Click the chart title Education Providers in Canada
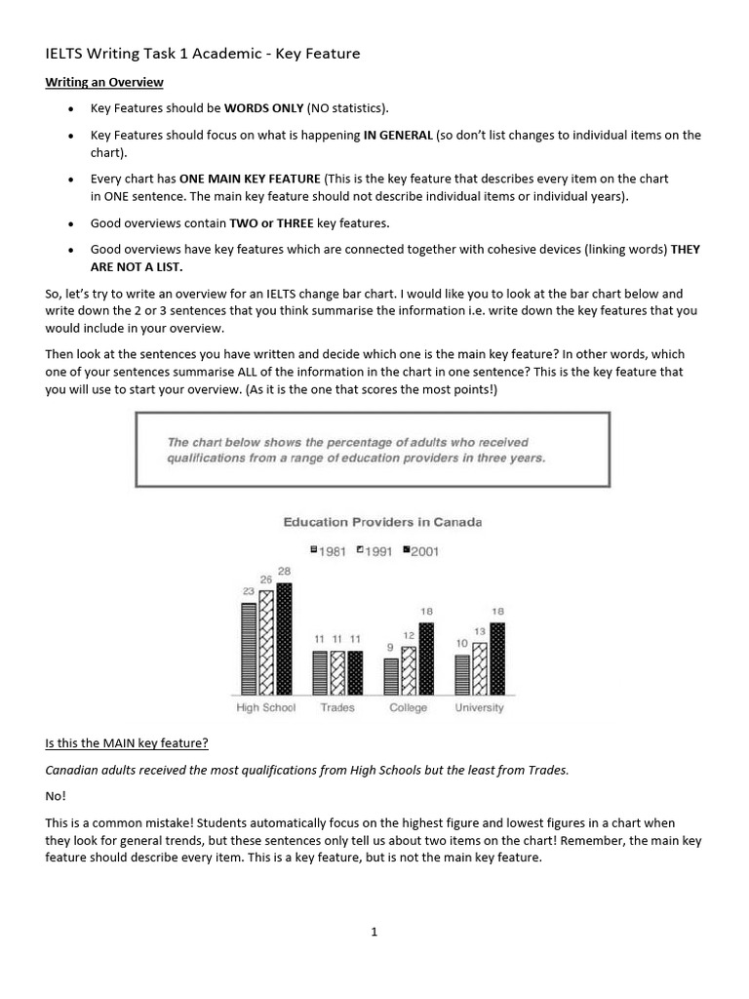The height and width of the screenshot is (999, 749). click(x=382, y=522)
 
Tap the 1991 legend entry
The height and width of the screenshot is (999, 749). click(x=374, y=551)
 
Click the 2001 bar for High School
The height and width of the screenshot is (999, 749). click(x=284, y=639)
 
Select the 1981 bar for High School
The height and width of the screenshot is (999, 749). click(x=249, y=649)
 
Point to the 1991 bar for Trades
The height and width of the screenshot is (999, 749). click(x=336, y=672)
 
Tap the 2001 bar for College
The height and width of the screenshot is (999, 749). click(x=426, y=659)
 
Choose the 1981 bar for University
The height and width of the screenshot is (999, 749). click(x=462, y=674)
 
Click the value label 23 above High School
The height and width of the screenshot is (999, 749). click(x=249, y=591)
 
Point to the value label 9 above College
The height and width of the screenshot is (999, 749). click(x=391, y=647)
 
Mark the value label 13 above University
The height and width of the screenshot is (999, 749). click(x=480, y=631)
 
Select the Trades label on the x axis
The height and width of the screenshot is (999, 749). click(x=337, y=707)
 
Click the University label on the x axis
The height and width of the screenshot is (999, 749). click(x=480, y=707)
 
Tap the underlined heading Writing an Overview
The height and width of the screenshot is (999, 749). click(x=104, y=82)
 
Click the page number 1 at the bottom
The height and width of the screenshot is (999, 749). click(x=374, y=932)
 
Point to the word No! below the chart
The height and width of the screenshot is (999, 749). click(x=55, y=795)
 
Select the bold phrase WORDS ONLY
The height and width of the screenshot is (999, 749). click(x=263, y=108)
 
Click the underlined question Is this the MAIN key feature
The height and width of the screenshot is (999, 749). click(x=127, y=743)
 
